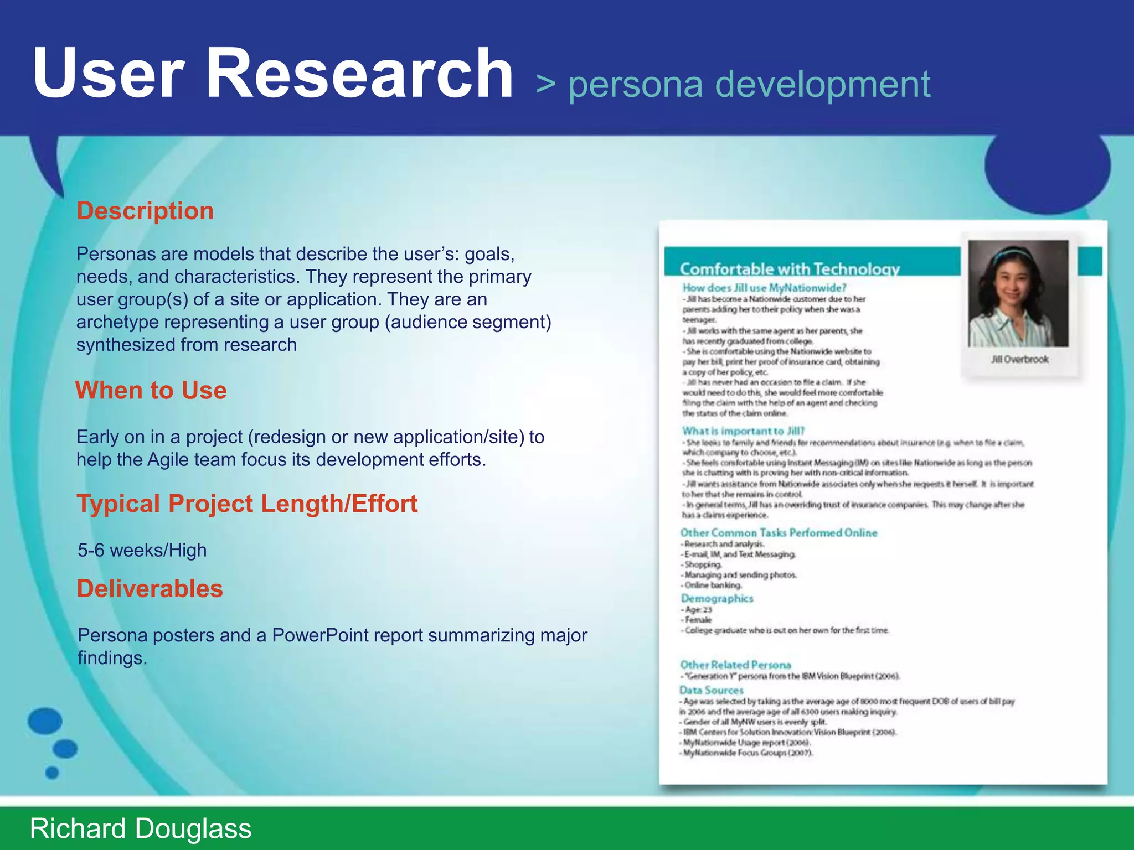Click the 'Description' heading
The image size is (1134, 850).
coord(145,211)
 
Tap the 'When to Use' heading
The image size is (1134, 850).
coord(151,390)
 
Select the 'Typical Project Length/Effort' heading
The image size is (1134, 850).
coord(247,504)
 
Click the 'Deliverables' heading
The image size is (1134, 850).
coord(150,588)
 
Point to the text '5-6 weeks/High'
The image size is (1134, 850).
coord(142,550)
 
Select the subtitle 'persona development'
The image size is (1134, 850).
coord(749,84)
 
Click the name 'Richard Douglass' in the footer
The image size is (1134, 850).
coord(141,828)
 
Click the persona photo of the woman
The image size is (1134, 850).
coord(1018,293)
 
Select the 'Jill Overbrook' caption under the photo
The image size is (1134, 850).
coord(1019,360)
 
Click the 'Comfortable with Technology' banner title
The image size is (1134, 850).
coord(790,269)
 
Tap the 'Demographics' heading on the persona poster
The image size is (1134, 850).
coord(717,598)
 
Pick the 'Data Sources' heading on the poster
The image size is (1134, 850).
coord(712,690)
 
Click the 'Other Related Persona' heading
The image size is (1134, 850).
coord(735,665)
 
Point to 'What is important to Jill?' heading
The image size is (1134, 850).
coord(743,431)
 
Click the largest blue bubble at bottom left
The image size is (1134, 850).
coord(45,721)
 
